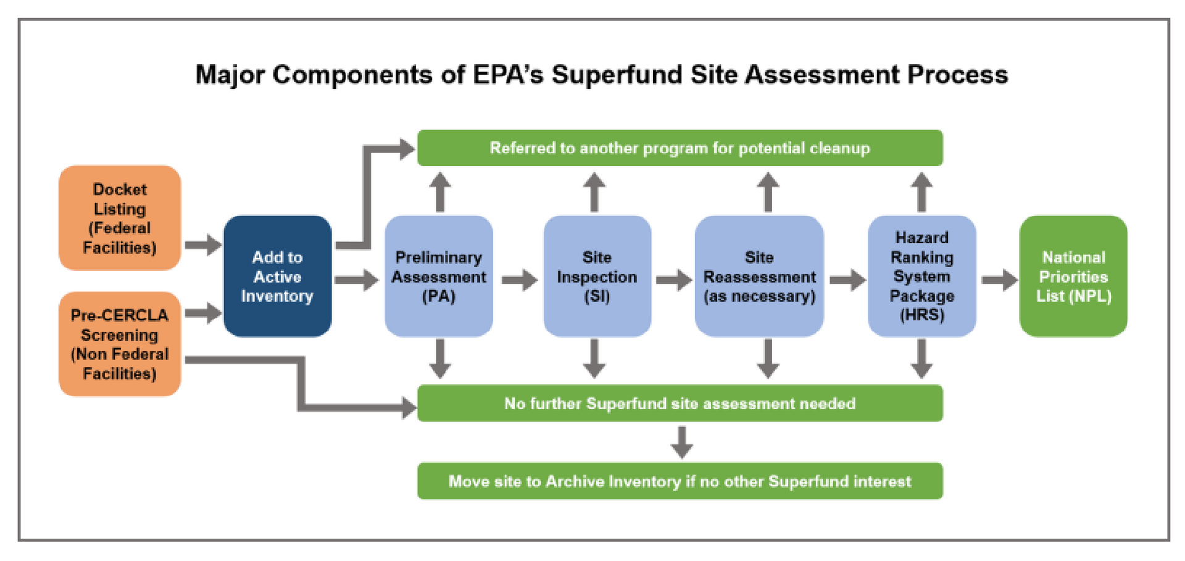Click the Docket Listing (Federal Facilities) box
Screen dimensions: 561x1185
tap(120, 218)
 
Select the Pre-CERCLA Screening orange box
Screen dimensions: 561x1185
tap(120, 344)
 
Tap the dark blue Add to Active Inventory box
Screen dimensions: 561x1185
tap(277, 276)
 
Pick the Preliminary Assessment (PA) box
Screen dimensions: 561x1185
tap(438, 276)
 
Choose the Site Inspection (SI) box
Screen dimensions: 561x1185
tap(597, 276)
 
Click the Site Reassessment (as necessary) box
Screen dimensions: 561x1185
tap(759, 276)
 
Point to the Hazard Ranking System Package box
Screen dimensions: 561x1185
tap(921, 276)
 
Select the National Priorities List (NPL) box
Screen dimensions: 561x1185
tap(1073, 276)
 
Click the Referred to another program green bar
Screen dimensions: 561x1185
tap(680, 148)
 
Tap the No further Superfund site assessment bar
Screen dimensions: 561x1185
tap(680, 404)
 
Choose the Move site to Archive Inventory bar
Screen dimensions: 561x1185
tap(680, 481)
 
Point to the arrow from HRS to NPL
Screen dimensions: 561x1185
tap(999, 280)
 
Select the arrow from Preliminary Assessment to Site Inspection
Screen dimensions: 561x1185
tap(519, 280)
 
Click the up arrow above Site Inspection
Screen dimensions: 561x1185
tap(594, 192)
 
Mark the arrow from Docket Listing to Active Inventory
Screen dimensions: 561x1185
tap(203, 245)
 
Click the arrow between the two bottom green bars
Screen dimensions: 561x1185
tap(681, 442)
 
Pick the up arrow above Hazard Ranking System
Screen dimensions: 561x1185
tap(921, 192)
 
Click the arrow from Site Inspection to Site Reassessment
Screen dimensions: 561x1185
tap(673, 280)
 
